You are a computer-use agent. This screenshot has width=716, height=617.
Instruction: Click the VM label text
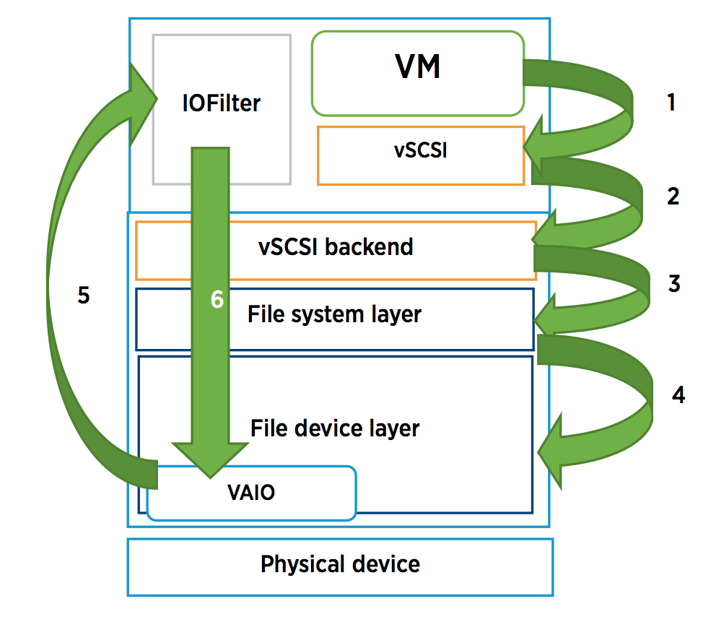[x=417, y=66]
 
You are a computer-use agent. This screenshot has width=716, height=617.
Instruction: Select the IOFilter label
[x=222, y=103]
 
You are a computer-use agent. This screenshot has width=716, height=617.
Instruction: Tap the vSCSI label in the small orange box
[x=421, y=150]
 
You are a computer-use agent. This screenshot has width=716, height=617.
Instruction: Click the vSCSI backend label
[x=336, y=247]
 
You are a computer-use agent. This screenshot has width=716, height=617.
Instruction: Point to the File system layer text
[x=334, y=314]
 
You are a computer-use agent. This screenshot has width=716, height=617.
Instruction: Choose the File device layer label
[x=335, y=428]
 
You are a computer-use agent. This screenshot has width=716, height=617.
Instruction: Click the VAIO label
[x=251, y=492]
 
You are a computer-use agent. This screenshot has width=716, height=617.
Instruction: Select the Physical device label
[x=340, y=564]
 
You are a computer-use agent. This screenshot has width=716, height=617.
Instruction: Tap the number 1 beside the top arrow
[x=671, y=102]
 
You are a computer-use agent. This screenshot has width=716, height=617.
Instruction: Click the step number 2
[x=673, y=197]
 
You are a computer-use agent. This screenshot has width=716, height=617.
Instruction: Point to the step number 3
[x=674, y=283]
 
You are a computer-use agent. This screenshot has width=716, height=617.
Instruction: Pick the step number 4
[x=678, y=394]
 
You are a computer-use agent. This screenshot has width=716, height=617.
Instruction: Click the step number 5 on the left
[x=84, y=295]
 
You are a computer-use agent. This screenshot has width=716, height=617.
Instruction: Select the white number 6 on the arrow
[x=217, y=299]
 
